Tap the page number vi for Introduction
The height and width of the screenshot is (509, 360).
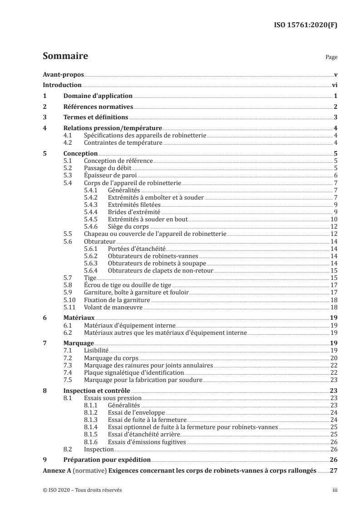tap(334, 85)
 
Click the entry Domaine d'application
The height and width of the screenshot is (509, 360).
tap(98, 96)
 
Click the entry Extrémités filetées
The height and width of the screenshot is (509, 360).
tap(131, 205)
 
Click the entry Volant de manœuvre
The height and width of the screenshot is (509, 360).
tap(113, 307)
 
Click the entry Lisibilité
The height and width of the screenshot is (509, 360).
tap(97, 351)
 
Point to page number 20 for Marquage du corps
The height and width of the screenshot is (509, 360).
tap(333, 358)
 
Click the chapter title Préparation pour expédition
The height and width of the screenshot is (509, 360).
tap(102, 460)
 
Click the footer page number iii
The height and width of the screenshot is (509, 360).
tap(335, 490)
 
